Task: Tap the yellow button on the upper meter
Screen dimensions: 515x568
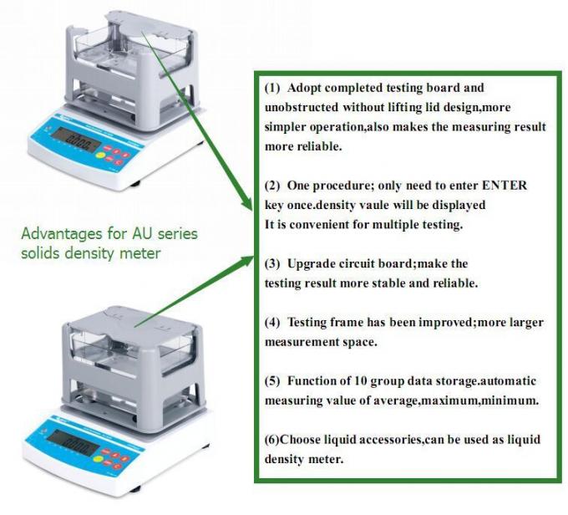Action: (101, 153)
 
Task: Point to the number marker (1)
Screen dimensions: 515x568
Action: (273, 88)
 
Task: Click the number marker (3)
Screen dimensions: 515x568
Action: (273, 263)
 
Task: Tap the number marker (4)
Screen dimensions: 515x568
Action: (273, 322)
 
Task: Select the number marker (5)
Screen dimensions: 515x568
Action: (273, 381)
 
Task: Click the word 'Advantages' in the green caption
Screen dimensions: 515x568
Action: (59, 233)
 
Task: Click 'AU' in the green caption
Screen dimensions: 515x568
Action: (136, 233)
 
